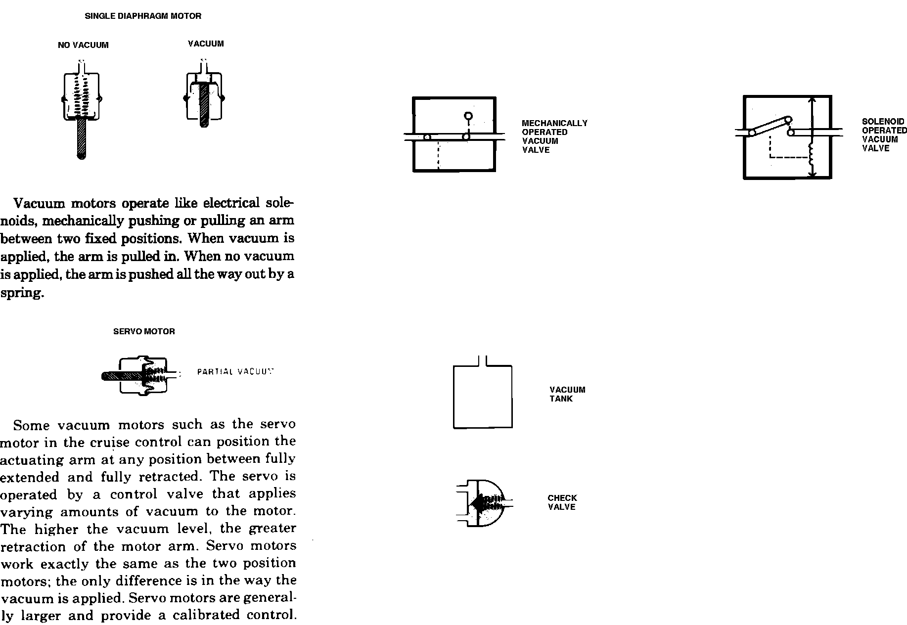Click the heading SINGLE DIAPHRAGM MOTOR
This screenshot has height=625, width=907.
point(143,16)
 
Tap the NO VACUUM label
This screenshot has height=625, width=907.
point(83,45)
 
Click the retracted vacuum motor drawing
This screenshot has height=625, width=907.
point(204,97)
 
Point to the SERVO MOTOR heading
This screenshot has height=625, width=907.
point(144,331)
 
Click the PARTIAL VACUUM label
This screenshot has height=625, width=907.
point(235,371)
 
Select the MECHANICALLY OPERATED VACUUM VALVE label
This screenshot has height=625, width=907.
point(554,136)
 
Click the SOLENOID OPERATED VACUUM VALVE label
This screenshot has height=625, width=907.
point(884,134)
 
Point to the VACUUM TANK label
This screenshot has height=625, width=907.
point(567,394)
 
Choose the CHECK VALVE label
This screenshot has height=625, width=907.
point(562,502)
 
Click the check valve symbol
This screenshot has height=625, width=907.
point(482,503)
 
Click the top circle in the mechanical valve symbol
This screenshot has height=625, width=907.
point(468,116)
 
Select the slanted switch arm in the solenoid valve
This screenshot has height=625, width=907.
point(770,126)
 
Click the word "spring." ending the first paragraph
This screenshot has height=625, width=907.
point(22,293)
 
